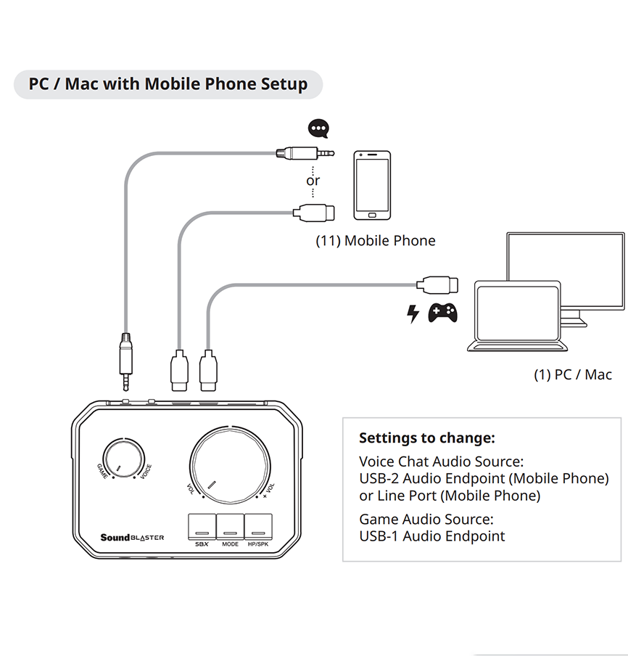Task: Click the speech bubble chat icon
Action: pos(318,129)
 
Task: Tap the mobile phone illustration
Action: pos(372,185)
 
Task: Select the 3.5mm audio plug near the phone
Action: pos(305,153)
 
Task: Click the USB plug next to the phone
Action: pos(314,212)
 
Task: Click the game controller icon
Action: pos(442,312)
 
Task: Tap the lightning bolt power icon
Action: pos(413,313)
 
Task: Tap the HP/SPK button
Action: pos(257,526)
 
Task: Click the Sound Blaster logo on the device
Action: pos(132,538)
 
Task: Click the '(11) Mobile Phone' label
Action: pos(375,240)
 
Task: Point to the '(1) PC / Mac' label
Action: pos(572,374)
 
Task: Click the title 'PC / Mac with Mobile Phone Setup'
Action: pos(168,84)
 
